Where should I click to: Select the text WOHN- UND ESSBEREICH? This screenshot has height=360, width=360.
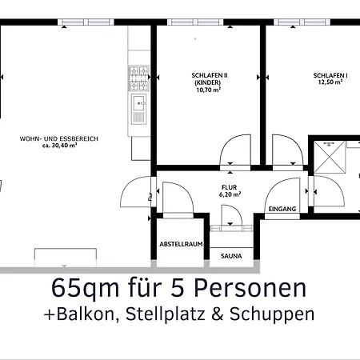tap(59, 138)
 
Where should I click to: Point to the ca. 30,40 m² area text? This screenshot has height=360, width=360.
tap(59, 146)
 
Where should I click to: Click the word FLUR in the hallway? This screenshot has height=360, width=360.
tap(230, 186)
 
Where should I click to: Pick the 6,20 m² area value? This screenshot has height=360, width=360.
tap(230, 194)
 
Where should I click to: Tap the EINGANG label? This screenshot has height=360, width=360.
tap(282, 209)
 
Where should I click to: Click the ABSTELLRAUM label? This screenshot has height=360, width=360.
tap(180, 243)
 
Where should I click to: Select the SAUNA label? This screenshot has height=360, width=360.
tap(230, 257)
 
